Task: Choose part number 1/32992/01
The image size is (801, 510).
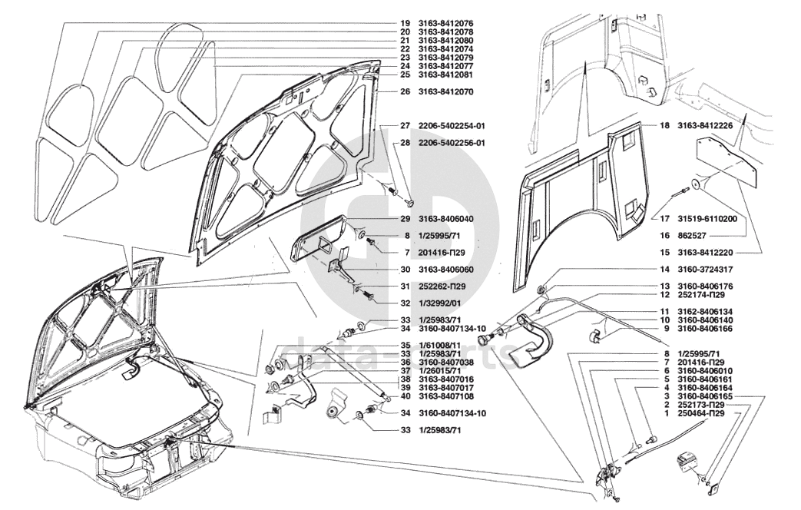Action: (x=439, y=302)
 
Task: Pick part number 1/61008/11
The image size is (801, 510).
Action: (x=439, y=345)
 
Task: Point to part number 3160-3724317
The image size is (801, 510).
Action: (x=704, y=270)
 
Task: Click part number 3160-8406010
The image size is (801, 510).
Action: (x=704, y=370)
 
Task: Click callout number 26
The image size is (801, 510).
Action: (x=404, y=91)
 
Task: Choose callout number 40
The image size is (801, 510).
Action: (x=404, y=396)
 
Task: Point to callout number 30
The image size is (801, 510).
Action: (x=404, y=270)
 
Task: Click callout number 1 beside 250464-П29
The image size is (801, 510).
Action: (x=667, y=413)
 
